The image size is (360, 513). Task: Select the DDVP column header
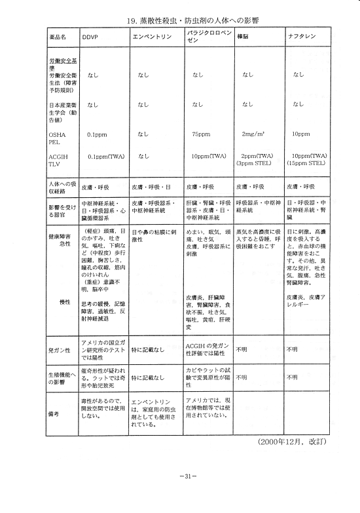click(x=90, y=37)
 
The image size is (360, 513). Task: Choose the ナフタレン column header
click(x=300, y=37)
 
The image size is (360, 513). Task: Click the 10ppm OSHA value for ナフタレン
click(x=300, y=134)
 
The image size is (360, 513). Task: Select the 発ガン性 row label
click(x=58, y=350)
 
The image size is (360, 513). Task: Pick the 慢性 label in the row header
click(x=65, y=301)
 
